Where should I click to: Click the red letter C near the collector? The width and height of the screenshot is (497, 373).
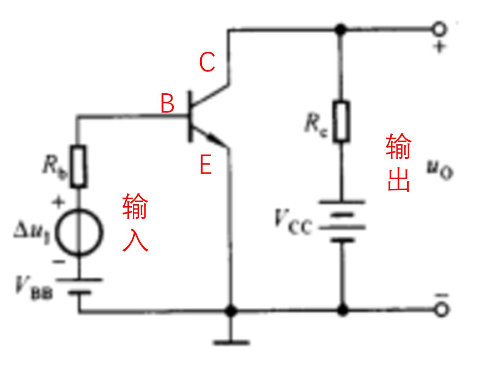click(207, 62)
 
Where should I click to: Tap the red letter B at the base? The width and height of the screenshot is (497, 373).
click(167, 103)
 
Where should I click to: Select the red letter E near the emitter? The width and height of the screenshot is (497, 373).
click(205, 165)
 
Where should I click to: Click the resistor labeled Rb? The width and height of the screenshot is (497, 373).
click(78, 166)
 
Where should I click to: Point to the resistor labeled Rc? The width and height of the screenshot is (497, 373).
click(341, 121)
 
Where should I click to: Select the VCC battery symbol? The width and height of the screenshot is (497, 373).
click(342, 221)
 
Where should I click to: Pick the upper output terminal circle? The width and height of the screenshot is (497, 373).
click(439, 29)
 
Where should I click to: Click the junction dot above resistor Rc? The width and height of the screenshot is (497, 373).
click(341, 29)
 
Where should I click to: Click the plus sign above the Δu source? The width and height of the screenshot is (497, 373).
click(59, 203)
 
